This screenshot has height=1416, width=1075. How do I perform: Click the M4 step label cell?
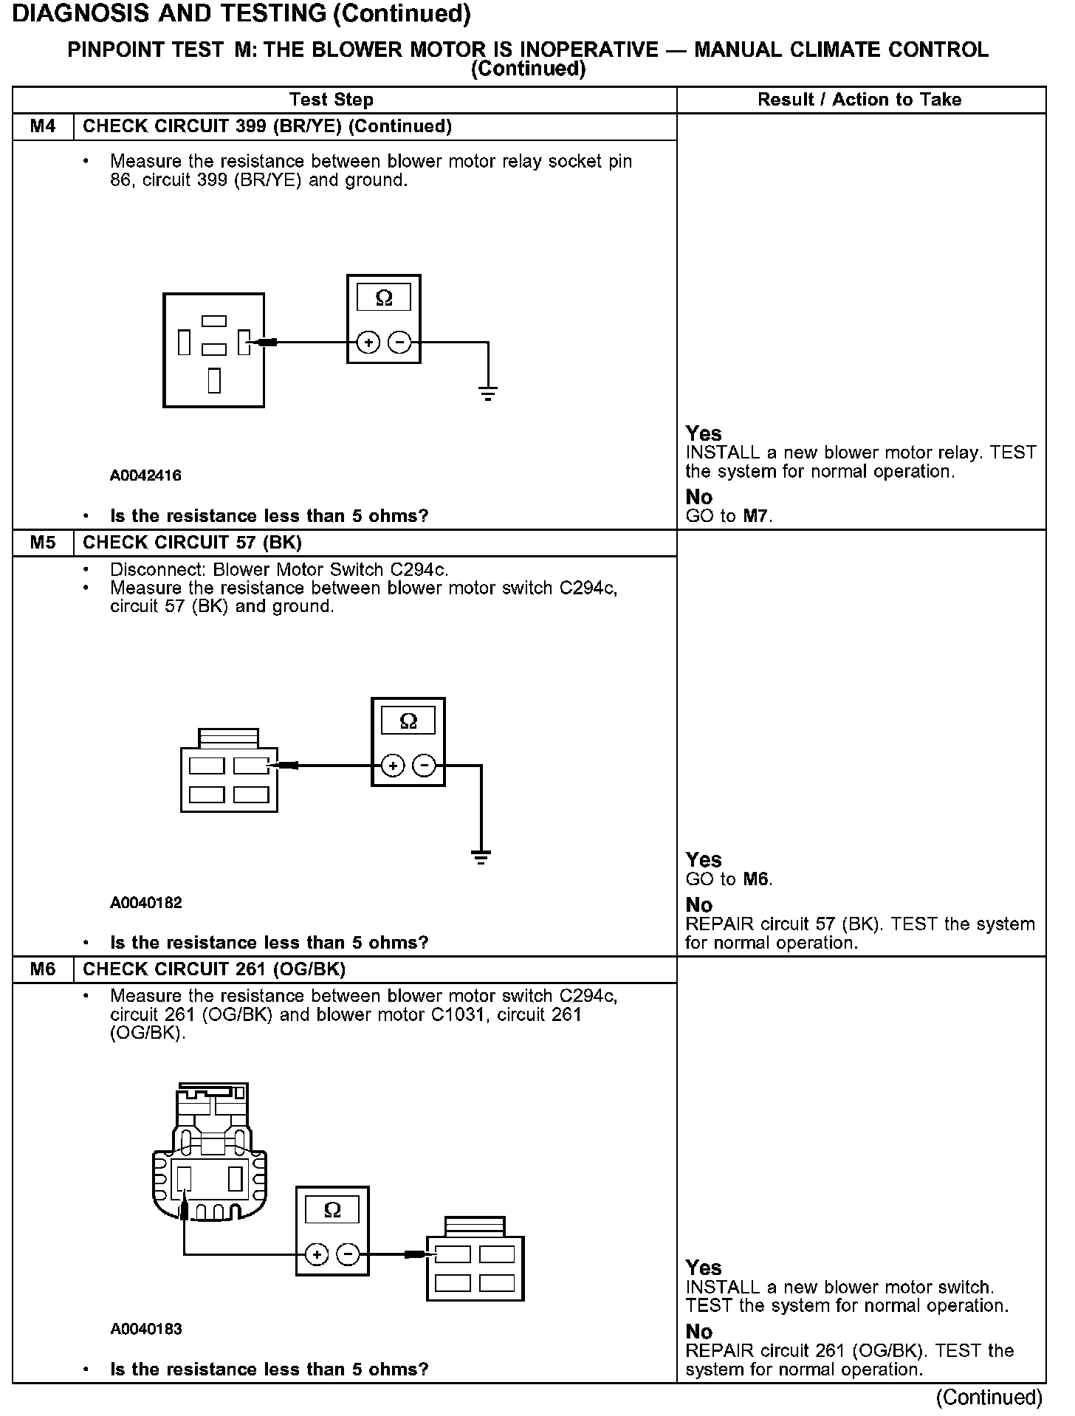click(43, 126)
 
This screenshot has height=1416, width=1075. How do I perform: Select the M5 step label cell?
click(43, 543)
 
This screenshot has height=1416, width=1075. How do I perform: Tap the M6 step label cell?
click(43, 969)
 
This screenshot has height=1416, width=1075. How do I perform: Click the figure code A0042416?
click(145, 475)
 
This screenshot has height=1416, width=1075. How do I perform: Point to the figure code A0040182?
click(145, 902)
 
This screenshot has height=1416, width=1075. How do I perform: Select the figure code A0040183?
click(145, 1329)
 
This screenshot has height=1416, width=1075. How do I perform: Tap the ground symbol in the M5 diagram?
click(481, 857)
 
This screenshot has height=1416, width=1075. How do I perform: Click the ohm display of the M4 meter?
click(384, 298)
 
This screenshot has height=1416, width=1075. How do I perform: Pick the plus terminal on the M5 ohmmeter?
click(393, 766)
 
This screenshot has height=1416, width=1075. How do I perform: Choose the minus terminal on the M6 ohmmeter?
click(348, 1254)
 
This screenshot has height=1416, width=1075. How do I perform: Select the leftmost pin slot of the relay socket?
click(185, 342)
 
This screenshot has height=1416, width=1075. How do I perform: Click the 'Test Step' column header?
click(332, 100)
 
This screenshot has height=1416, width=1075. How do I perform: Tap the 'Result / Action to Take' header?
click(859, 100)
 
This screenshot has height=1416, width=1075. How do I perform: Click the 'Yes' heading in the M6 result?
click(703, 1268)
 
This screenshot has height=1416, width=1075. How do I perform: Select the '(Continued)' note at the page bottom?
click(989, 1398)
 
